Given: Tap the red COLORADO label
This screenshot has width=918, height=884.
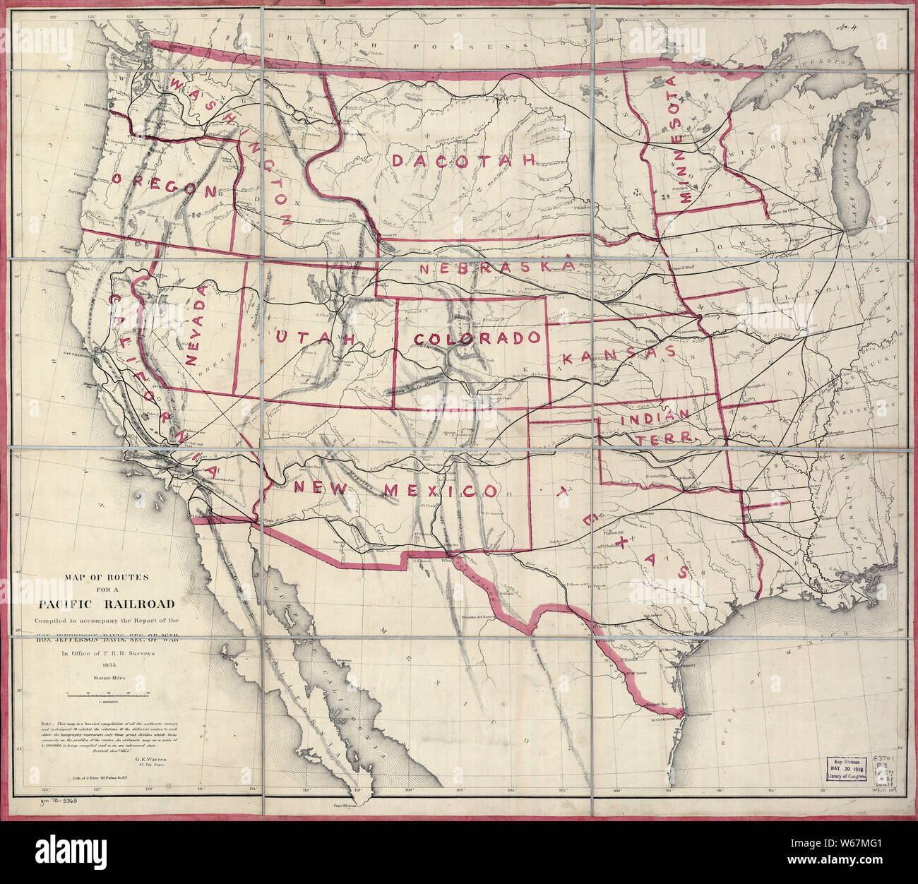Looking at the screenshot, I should (x=479, y=339).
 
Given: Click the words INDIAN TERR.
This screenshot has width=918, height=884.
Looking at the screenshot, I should (x=657, y=427).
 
